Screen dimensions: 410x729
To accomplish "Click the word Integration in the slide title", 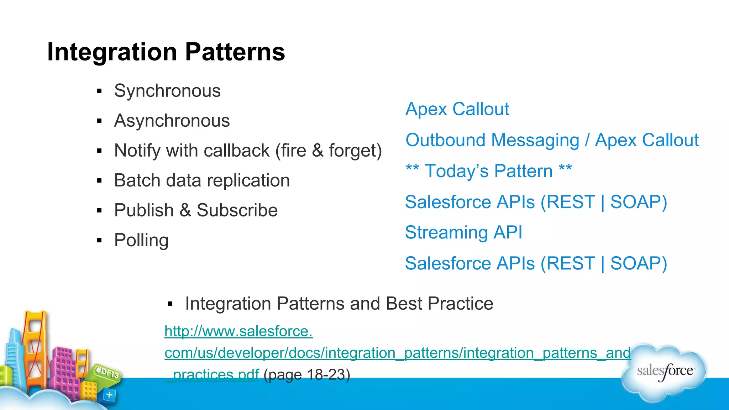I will click(x=112, y=52).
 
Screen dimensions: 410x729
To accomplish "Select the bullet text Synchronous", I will click(x=167, y=91).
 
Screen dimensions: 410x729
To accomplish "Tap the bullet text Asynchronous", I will click(x=172, y=121).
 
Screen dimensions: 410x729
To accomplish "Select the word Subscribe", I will click(x=237, y=210).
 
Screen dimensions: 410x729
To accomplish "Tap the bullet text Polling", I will click(x=141, y=240).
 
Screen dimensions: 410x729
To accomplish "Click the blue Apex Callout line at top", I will click(x=457, y=109).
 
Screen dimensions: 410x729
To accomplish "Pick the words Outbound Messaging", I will click(x=492, y=140).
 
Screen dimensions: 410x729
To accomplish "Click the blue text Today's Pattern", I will click(x=488, y=171).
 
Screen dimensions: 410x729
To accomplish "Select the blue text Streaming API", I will click(x=463, y=232).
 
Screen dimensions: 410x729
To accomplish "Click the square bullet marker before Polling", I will click(x=99, y=241).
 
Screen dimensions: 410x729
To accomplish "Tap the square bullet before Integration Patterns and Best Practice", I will click(x=170, y=304).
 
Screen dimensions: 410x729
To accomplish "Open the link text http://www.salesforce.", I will click(x=238, y=331).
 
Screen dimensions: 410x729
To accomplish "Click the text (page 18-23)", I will click(x=307, y=374).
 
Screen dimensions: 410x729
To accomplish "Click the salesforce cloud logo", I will click(x=664, y=372).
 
